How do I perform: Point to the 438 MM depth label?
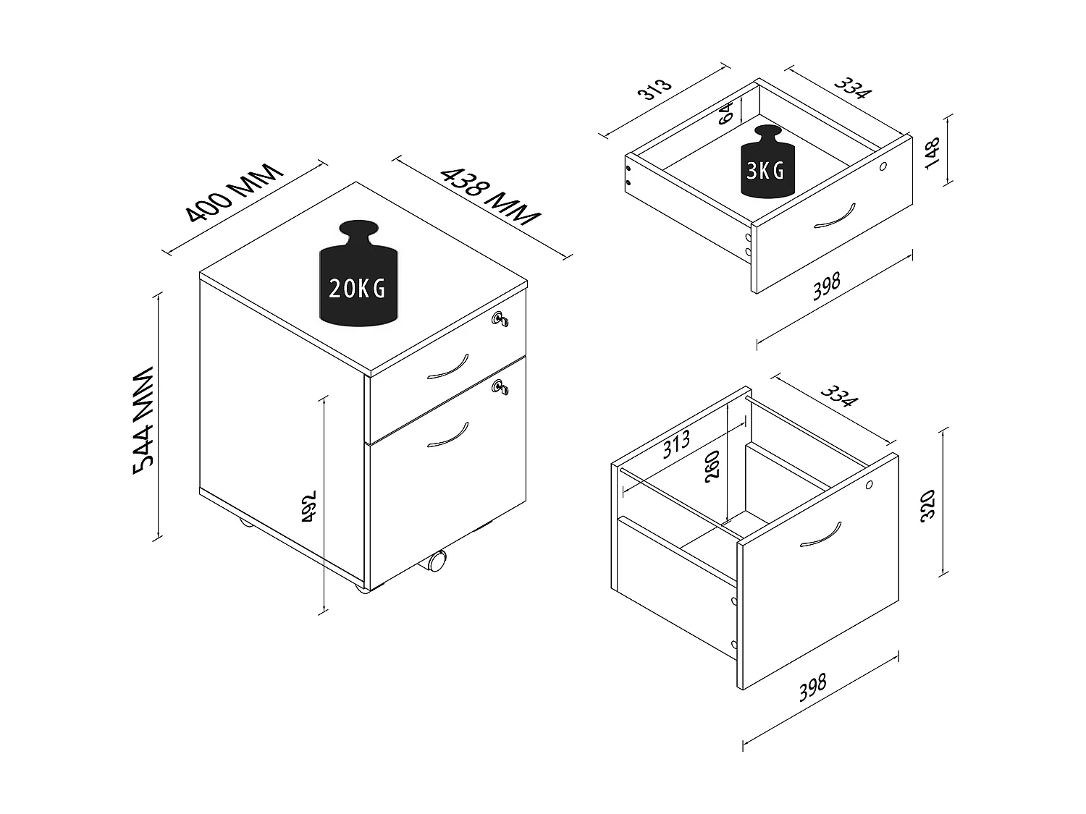[491, 195]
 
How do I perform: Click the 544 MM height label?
[144, 420]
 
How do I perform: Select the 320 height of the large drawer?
[929, 504]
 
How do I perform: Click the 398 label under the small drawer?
[826, 287]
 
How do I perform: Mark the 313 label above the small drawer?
[654, 88]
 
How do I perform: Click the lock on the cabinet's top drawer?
[499, 319]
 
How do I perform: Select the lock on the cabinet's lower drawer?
[500, 387]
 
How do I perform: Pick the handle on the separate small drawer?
[834, 215]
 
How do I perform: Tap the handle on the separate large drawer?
[820, 534]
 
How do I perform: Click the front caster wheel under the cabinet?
[437, 561]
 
